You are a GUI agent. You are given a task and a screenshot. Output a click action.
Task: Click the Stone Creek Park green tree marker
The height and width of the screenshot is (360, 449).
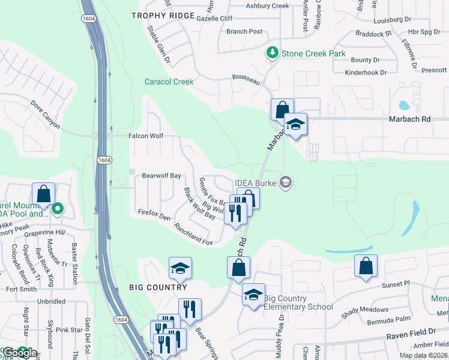273,53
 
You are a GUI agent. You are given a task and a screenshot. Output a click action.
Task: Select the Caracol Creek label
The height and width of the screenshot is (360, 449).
169,82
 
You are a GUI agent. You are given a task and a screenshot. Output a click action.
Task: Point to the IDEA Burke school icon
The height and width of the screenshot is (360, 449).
286,182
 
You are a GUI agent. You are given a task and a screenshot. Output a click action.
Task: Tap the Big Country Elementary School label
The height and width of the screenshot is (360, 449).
298,303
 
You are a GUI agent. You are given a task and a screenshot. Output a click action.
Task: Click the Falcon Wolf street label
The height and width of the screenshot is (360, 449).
146,136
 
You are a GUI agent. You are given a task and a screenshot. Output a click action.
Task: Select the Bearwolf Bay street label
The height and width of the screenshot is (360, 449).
161,176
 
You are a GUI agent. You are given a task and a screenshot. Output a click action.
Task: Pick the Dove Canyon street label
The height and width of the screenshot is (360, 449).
46,114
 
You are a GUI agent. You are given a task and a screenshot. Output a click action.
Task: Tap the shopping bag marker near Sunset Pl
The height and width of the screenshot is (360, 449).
366,265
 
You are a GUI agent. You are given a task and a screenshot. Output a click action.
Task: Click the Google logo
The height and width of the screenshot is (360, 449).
19,353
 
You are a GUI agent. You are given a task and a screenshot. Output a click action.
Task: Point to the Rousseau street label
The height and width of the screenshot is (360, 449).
247,78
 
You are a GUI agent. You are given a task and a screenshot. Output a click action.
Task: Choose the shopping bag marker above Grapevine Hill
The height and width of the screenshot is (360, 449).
44,194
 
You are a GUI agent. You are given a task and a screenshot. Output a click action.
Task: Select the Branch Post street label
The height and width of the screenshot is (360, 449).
244,32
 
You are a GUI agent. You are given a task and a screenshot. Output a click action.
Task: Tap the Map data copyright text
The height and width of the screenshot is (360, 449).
423,355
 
